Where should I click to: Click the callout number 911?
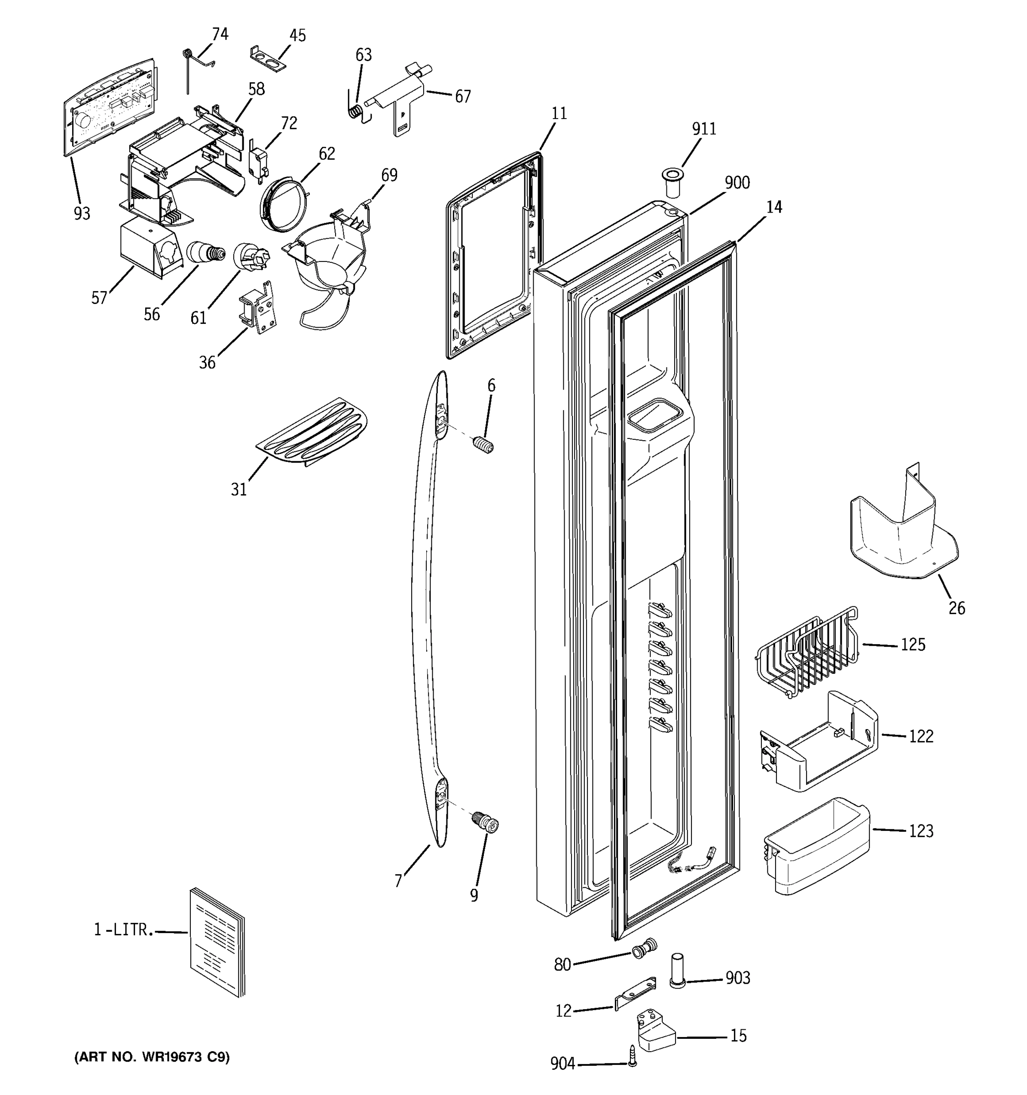(x=703, y=129)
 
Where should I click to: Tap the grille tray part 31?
(x=312, y=432)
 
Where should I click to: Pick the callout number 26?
(x=956, y=608)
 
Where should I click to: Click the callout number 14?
(x=774, y=207)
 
